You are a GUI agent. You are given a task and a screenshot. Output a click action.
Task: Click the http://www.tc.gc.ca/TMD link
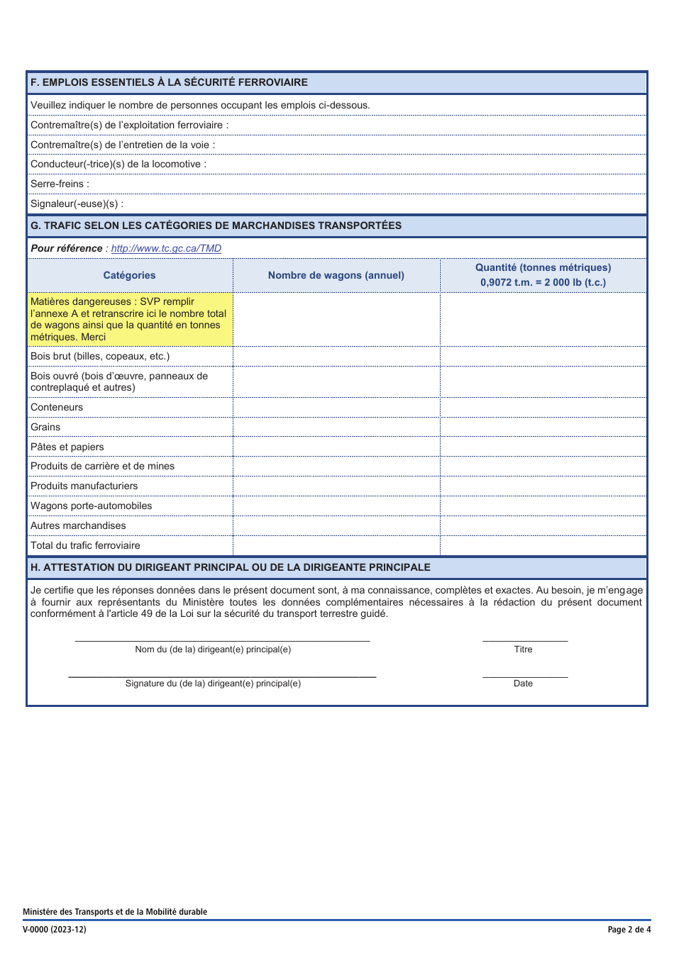pyautogui.click(x=166, y=249)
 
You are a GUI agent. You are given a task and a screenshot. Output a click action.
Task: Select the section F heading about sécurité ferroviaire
pyautogui.click(x=169, y=82)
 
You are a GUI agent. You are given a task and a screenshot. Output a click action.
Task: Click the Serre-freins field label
pyautogui.click(x=60, y=184)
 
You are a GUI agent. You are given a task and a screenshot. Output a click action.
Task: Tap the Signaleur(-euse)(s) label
pyautogui.click(x=77, y=204)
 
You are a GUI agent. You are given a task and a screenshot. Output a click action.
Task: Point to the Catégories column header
pyautogui.click(x=129, y=276)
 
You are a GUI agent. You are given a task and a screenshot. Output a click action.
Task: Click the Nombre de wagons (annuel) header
pyautogui.click(x=336, y=276)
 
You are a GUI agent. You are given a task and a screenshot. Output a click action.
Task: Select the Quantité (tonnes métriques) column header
pyautogui.click(x=543, y=275)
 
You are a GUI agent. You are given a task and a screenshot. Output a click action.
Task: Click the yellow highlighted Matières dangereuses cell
pyautogui.click(x=130, y=320)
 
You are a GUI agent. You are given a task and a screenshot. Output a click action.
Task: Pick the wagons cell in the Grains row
pyautogui.click(x=336, y=428)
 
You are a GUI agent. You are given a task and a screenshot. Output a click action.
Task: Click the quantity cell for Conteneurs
pyautogui.click(x=543, y=408)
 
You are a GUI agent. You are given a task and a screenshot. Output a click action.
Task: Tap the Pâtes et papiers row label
pyautogui.click(x=67, y=447)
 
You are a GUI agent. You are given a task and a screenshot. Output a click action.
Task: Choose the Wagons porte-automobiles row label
pyautogui.click(x=92, y=506)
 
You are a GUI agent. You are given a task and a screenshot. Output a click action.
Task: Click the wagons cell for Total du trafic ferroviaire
pyautogui.click(x=336, y=546)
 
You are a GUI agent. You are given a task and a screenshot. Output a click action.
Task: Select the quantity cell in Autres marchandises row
pyautogui.click(x=543, y=526)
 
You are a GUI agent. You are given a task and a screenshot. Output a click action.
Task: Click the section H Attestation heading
pyautogui.click(x=231, y=568)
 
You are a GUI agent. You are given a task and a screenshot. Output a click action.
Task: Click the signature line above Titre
pyautogui.click(x=525, y=640)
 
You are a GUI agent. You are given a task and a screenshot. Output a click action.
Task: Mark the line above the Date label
pyautogui.click(x=525, y=676)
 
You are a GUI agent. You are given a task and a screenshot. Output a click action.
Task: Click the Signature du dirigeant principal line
pyautogui.click(x=222, y=676)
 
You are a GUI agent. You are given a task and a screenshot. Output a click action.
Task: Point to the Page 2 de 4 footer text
pyautogui.click(x=629, y=930)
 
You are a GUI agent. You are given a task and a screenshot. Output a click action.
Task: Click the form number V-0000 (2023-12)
pyautogui.click(x=55, y=930)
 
